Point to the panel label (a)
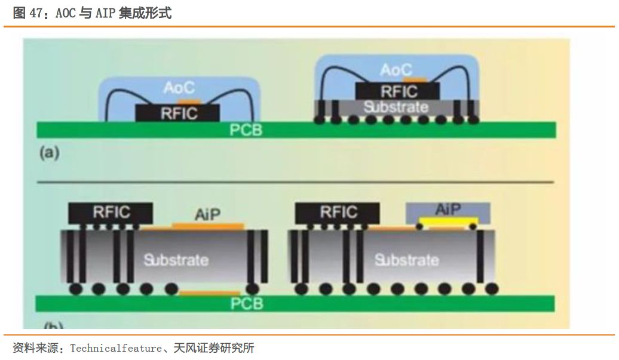[x=50, y=153]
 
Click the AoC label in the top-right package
[x=396, y=70]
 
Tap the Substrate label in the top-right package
[x=396, y=107]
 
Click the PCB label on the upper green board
[x=246, y=130]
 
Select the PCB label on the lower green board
[x=247, y=304]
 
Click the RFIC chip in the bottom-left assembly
[x=111, y=212]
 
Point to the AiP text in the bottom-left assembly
[x=208, y=214]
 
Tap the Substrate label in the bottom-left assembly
[x=176, y=260]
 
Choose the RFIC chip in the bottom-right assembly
[x=338, y=212]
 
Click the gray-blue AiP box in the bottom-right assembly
[x=448, y=210]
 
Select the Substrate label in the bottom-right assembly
[x=406, y=260]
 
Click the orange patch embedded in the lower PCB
[x=210, y=293]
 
